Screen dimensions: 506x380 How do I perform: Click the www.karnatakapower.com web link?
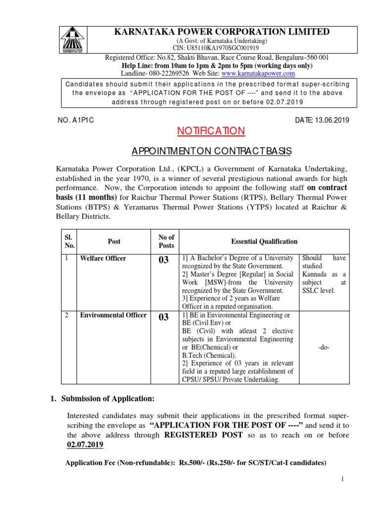click(x=258, y=73)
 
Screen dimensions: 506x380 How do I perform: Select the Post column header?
click(x=114, y=242)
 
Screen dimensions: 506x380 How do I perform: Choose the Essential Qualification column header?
click(x=264, y=242)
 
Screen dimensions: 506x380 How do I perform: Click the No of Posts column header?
click(x=166, y=242)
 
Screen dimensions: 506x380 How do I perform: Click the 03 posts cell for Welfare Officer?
click(x=163, y=260)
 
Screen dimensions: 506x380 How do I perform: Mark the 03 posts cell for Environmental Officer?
click(x=163, y=317)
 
